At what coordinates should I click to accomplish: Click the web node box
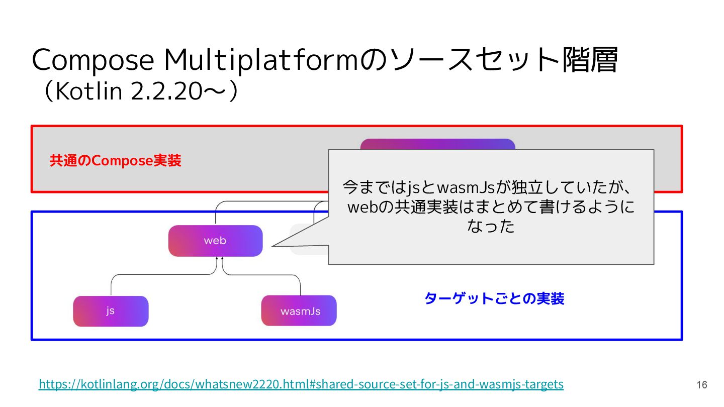215,241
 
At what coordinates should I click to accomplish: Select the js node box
111,311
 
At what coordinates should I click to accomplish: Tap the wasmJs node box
299,311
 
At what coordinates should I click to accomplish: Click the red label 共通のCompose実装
115,161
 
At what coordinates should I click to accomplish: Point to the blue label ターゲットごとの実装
494,298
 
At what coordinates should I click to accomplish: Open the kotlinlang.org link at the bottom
301,384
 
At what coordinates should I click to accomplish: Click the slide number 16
702,385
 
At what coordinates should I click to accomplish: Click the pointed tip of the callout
273,246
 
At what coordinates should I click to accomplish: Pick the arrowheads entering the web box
219,259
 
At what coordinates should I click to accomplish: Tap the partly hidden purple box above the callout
437,144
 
